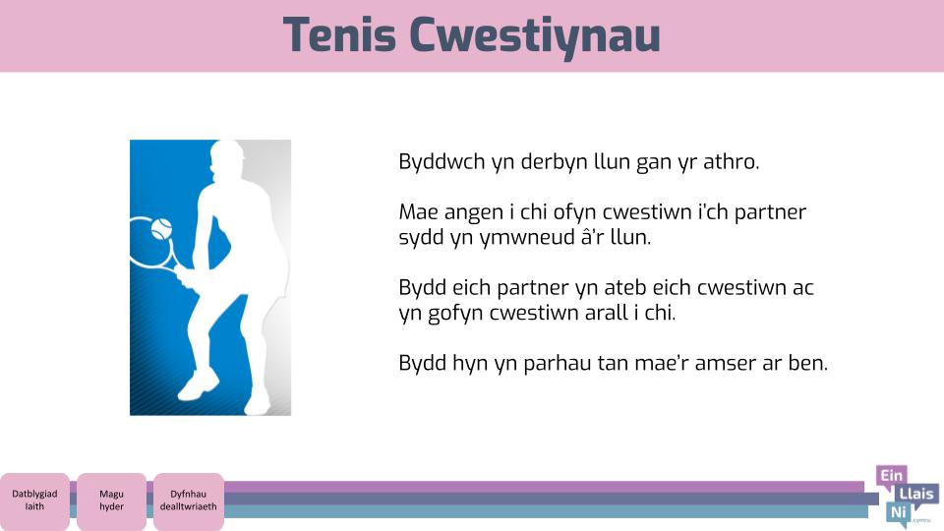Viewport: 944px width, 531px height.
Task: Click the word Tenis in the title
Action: pyautogui.click(x=339, y=35)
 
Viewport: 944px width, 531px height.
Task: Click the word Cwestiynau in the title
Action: pyautogui.click(x=535, y=36)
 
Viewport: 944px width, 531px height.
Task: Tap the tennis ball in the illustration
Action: pyautogui.click(x=161, y=229)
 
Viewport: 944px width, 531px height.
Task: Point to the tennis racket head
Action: pyautogui.click(x=150, y=243)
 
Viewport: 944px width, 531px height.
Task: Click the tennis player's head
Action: pyautogui.click(x=227, y=157)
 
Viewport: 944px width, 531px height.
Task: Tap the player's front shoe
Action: pyautogui.click(x=198, y=384)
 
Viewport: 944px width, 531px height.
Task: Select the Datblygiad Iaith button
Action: pyautogui.click(x=34, y=501)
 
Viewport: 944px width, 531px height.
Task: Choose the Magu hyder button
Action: pyautogui.click(x=111, y=501)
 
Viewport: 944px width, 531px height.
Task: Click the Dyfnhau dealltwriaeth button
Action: pyautogui.click(x=189, y=501)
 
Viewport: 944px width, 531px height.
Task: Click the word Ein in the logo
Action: pyautogui.click(x=892, y=476)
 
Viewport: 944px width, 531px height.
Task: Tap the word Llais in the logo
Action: pyautogui.click(x=916, y=495)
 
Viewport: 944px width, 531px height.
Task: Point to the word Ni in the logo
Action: pyautogui.click(x=898, y=512)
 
